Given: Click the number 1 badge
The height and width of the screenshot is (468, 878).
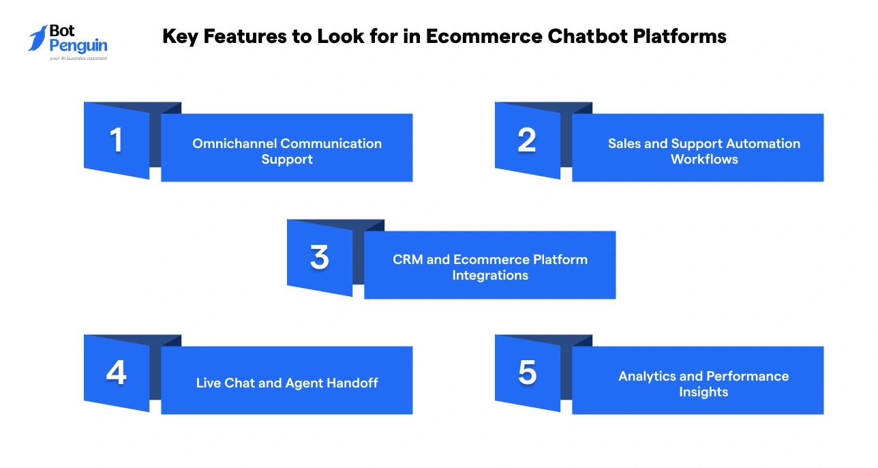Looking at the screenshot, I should [x=117, y=140].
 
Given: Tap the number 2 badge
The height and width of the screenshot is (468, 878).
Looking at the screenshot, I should [x=527, y=140].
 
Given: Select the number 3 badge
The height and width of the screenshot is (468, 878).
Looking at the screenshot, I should [x=319, y=257].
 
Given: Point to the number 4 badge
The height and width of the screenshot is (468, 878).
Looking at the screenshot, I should [x=117, y=373].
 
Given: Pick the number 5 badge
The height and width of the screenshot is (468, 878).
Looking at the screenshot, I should [x=527, y=373].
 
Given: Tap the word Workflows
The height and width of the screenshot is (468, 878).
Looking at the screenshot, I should [x=704, y=159].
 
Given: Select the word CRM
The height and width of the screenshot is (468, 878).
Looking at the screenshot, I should [x=408, y=259].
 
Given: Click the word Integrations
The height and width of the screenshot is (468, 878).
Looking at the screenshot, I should [x=490, y=276].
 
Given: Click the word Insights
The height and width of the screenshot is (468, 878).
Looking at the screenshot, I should [x=703, y=392].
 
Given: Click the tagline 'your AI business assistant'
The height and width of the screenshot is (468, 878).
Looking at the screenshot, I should [x=78, y=59].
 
